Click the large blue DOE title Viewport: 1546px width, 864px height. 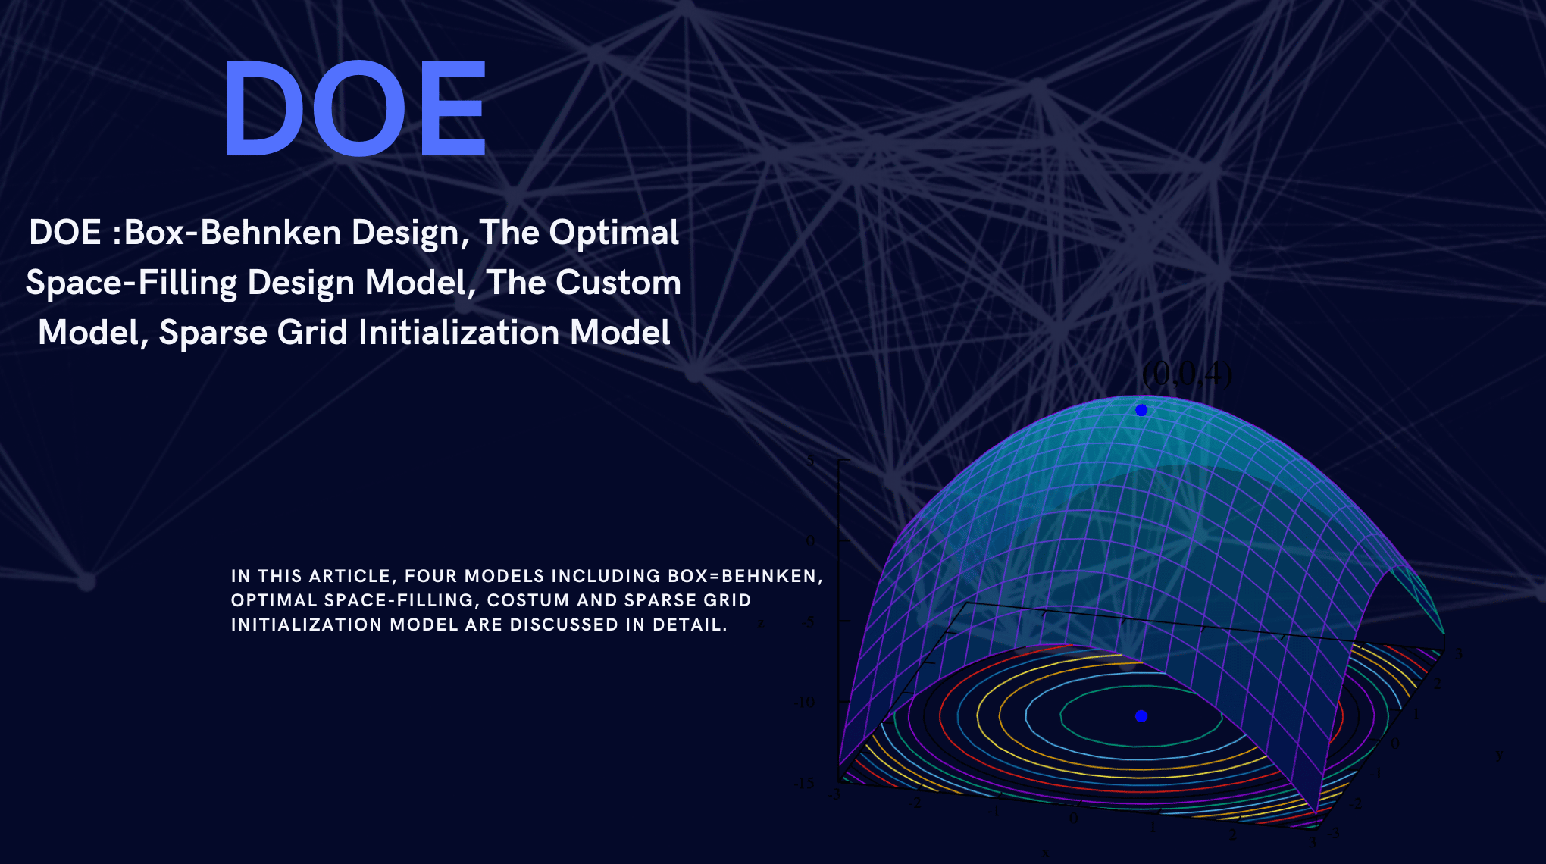tap(354, 109)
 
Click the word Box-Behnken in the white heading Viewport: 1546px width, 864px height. tap(232, 233)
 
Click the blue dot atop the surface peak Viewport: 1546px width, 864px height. tap(1141, 410)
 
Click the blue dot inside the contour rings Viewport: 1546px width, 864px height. tap(1141, 716)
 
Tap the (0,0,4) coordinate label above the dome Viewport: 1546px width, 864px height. tap(1187, 374)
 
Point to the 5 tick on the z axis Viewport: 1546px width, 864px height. tap(810, 461)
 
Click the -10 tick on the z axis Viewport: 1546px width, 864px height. tap(804, 703)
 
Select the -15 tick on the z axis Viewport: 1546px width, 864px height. tap(804, 784)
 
